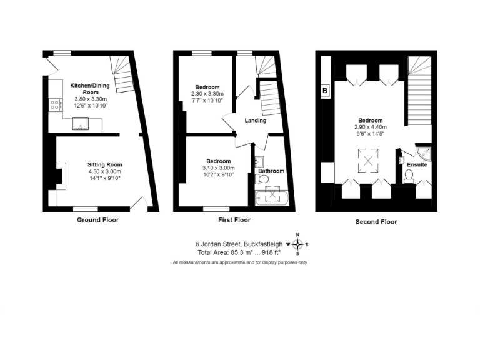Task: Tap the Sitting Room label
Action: (x=104, y=164)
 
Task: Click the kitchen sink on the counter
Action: (x=80, y=124)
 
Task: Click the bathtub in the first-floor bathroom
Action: (x=271, y=196)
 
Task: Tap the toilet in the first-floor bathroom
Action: (x=263, y=179)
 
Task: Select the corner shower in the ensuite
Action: (x=423, y=151)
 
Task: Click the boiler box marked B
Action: (x=325, y=91)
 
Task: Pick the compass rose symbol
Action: (x=298, y=244)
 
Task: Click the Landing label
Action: (x=255, y=121)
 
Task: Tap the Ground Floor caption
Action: (x=97, y=220)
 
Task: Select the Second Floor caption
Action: (x=376, y=221)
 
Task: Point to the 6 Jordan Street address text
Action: (x=239, y=244)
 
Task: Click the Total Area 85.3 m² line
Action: (x=239, y=252)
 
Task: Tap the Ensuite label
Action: (x=417, y=165)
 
